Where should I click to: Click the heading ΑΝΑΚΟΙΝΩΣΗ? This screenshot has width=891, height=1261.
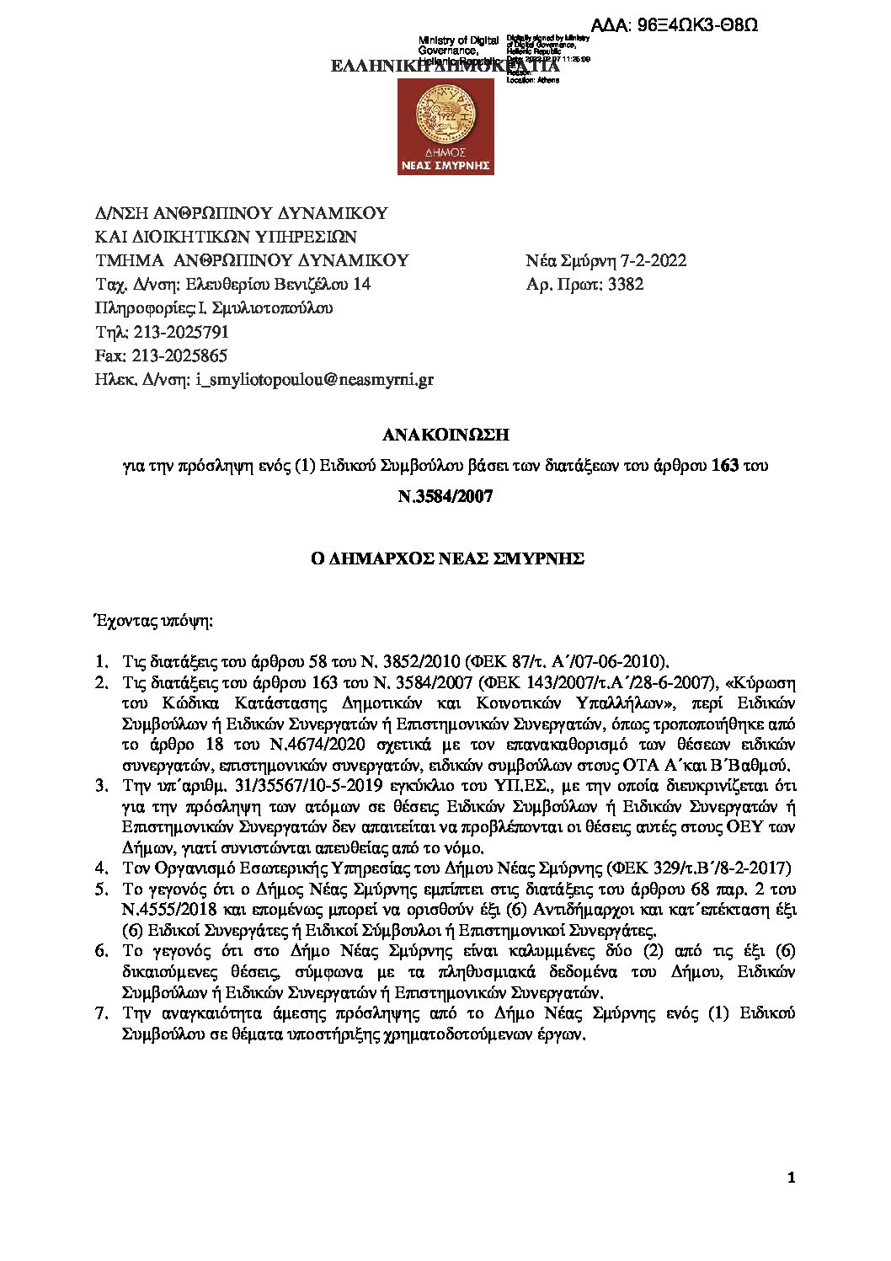coord(445,435)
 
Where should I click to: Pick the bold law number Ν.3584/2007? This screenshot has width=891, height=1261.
coord(445,496)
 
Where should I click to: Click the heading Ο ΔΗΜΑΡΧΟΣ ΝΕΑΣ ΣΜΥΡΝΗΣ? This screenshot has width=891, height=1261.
coord(445,558)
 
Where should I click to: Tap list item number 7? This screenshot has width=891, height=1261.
coord(101,1013)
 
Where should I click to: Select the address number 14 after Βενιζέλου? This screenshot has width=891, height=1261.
coord(361,285)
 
